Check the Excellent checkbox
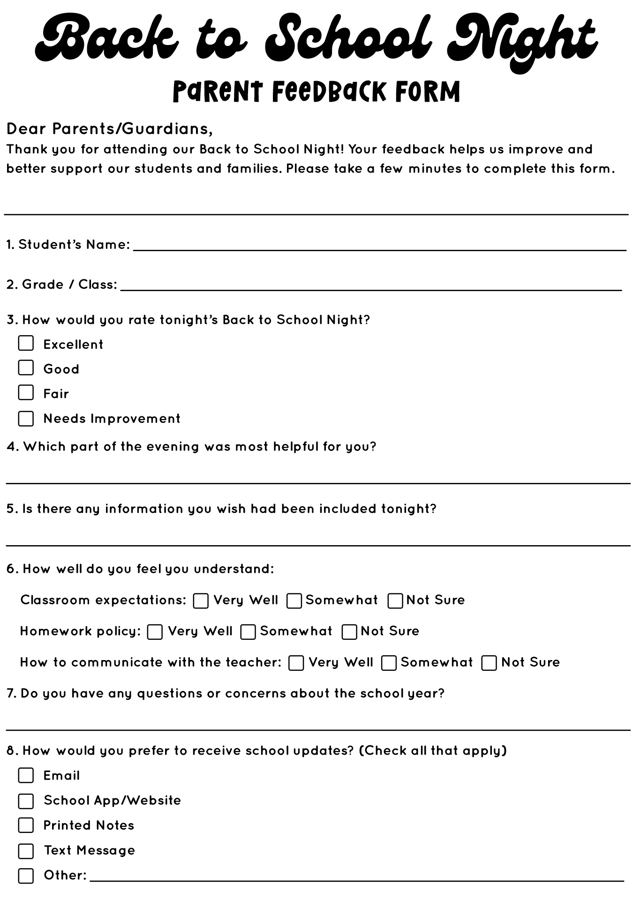[26, 343]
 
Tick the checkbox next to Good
[26, 368]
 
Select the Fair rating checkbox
[26, 392]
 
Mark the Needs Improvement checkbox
[26, 419]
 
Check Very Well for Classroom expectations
[201, 601]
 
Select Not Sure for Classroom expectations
[395, 601]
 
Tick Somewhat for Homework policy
[248, 632]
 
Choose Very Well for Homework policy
[155, 632]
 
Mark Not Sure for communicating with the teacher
[489, 663]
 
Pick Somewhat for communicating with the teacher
[389, 663]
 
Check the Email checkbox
[26, 775]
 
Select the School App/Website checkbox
[26, 801]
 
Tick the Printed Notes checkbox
[26, 825]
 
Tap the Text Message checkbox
[26, 851]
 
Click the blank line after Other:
[356, 877]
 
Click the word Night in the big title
[520, 40]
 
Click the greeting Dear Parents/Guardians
[109, 128]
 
